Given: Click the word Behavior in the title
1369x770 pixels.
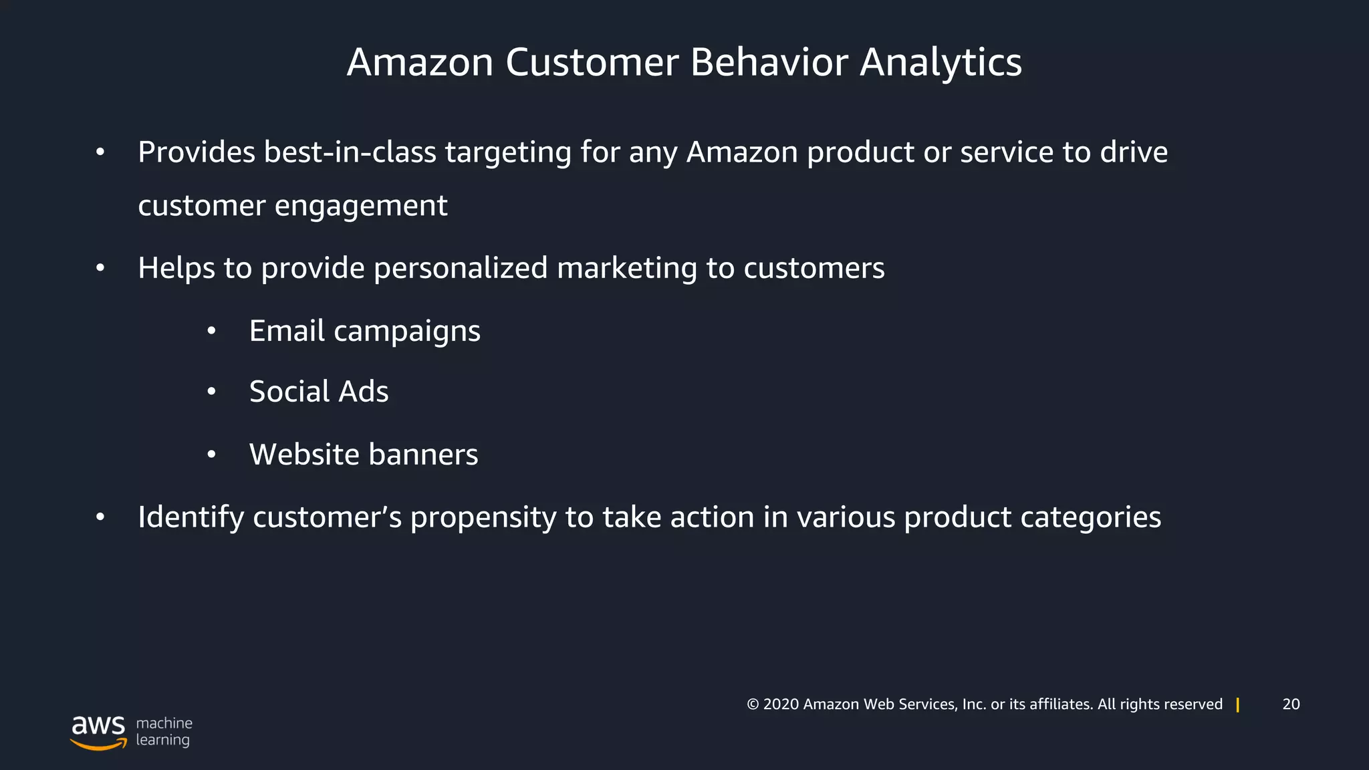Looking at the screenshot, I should tap(769, 62).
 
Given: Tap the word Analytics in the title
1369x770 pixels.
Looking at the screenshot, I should tap(941, 62).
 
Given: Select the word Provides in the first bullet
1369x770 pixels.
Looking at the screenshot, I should tap(197, 152).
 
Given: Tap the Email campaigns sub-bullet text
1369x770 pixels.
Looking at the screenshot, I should tap(364, 331).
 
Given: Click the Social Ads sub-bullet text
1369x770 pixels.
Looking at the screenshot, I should tap(318, 392).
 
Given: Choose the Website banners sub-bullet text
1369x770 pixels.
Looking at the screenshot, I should tap(363, 455).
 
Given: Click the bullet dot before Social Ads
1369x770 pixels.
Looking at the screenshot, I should tap(211, 392).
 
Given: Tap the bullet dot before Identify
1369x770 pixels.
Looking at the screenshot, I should tap(100, 517).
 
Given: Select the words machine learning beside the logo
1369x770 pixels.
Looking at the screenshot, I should tap(164, 731).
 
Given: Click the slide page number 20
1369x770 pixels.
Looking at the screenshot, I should tap(1291, 704).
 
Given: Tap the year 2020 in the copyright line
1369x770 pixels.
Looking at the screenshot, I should tap(781, 704).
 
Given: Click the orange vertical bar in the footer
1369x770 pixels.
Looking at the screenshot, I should tap(1238, 704).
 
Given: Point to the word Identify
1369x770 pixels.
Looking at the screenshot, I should tap(191, 517).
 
